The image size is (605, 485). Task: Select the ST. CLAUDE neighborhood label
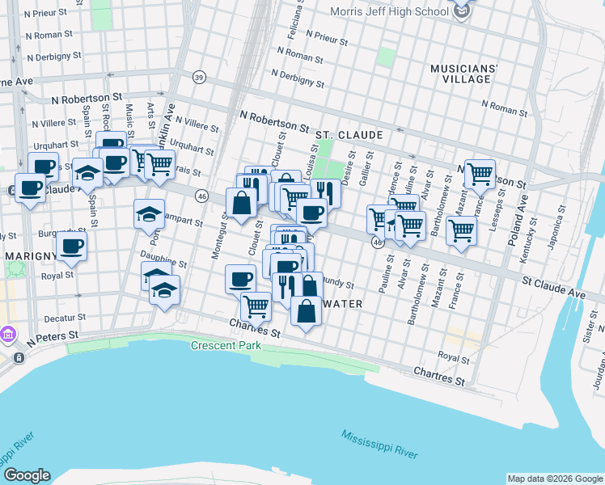(349, 133)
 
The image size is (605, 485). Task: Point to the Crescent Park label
(223, 346)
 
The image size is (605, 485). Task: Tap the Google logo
(26, 475)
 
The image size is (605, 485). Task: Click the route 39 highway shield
(199, 77)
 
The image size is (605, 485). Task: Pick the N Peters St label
(52, 335)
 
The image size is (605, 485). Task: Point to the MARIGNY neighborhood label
(28, 256)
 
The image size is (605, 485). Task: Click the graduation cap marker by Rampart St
(149, 214)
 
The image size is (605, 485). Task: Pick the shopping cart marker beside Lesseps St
(479, 173)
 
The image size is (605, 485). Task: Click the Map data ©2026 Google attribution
(555, 479)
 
